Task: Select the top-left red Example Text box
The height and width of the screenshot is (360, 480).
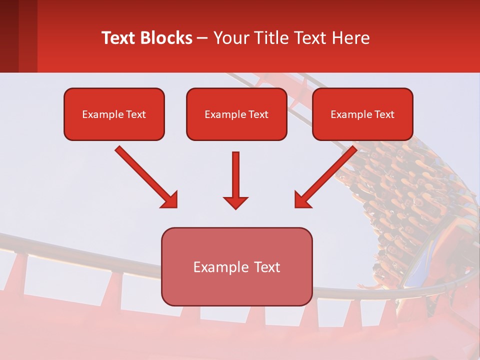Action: click(114, 114)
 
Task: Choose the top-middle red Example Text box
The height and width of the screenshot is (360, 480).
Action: click(236, 114)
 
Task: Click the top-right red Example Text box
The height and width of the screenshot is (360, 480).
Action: click(362, 114)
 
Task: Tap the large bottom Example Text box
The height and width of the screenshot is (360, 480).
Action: click(236, 267)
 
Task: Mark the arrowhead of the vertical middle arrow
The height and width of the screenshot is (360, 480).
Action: click(235, 202)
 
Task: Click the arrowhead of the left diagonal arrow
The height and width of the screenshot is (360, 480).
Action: click(170, 200)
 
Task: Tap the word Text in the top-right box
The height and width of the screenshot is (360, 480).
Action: click(384, 114)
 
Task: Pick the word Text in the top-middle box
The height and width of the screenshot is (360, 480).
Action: click(258, 114)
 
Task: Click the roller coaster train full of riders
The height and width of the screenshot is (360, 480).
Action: click(400, 200)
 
